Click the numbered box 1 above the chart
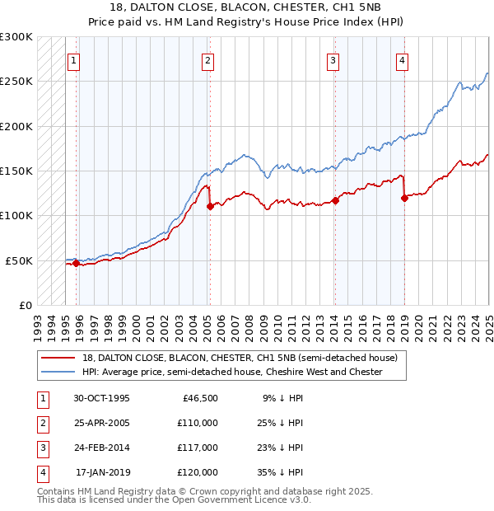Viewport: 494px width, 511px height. click(x=74, y=60)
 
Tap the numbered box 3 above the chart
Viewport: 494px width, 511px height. click(x=333, y=60)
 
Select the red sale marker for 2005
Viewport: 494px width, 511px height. click(x=210, y=207)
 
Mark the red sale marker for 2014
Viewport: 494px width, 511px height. click(x=335, y=200)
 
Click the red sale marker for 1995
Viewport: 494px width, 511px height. click(x=77, y=264)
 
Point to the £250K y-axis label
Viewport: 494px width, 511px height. click(x=16, y=82)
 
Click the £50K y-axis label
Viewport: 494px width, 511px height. click(x=19, y=260)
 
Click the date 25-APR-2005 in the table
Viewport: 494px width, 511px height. click(x=101, y=423)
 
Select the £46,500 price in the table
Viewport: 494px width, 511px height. click(x=198, y=398)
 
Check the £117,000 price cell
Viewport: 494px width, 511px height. click(x=198, y=448)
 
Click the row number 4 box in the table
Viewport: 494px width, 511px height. click(x=42, y=472)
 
